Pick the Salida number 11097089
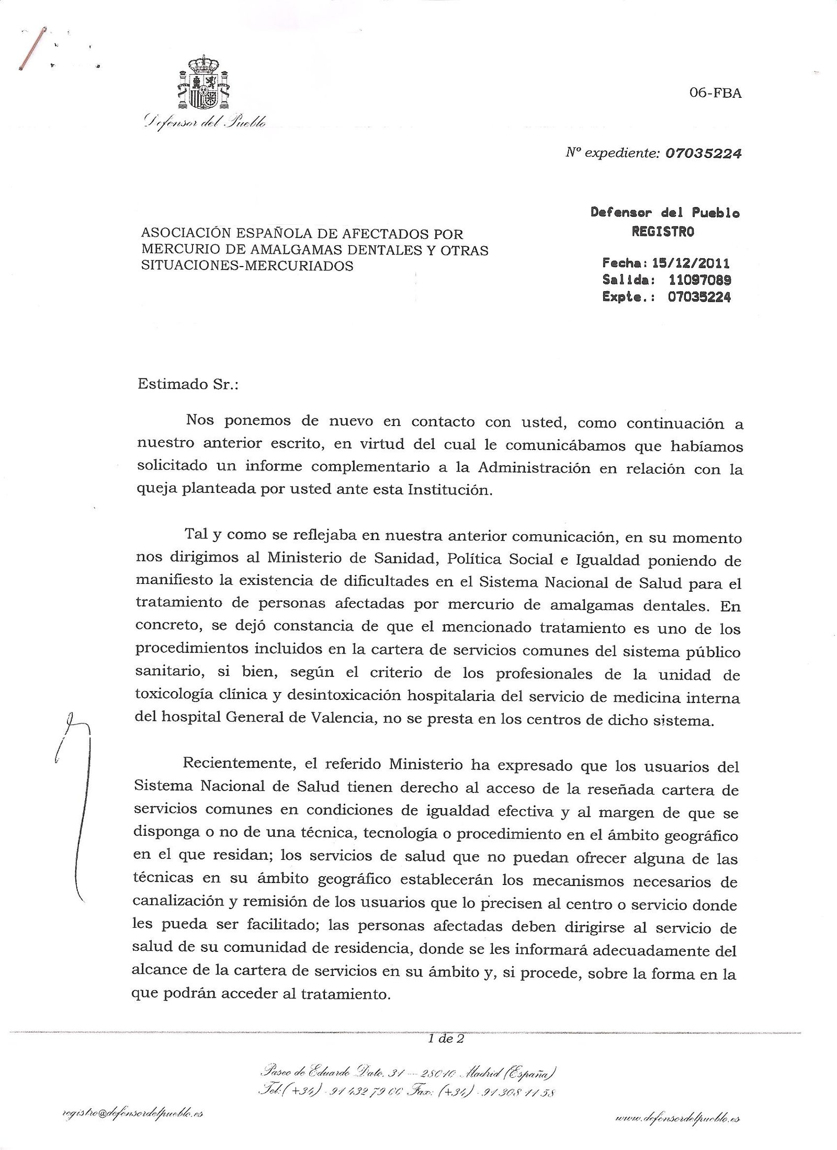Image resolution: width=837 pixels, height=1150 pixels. coord(699,280)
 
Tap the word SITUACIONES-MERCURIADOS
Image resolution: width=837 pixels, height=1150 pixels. coord(247,266)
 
